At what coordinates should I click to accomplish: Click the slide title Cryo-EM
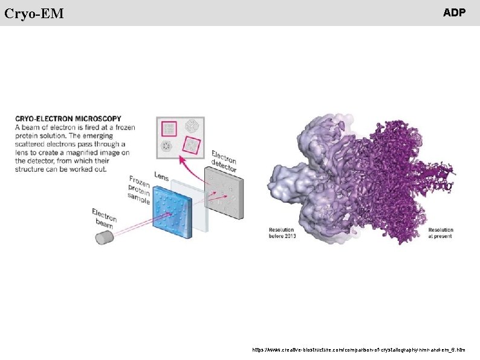coord(34,13)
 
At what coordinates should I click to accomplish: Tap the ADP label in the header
coord(454,13)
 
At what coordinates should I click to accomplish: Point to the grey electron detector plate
coord(225,187)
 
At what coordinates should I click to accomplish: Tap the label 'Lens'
coord(161,176)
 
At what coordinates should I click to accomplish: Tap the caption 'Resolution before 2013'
coord(281,233)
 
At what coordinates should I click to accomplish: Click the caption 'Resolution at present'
coord(441,233)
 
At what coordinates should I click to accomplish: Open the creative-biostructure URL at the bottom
coord(359,350)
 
